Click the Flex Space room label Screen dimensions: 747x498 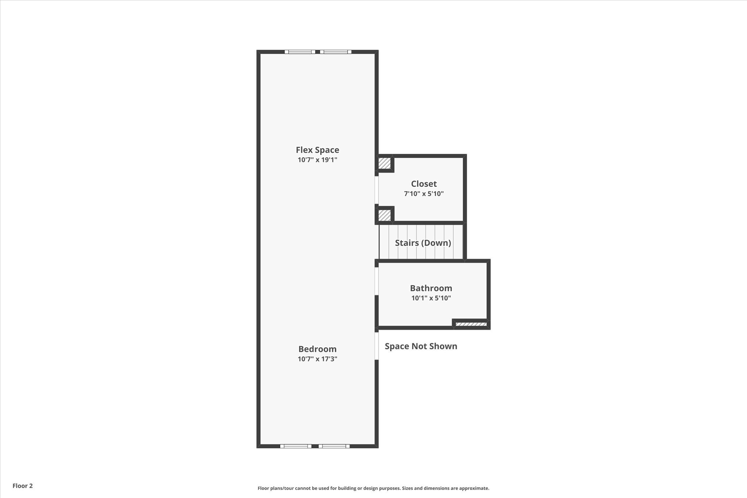click(317, 150)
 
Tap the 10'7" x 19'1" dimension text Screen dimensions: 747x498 click(317, 160)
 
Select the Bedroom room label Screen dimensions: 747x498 click(317, 349)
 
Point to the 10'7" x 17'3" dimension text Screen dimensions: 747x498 click(317, 359)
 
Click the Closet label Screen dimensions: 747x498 click(424, 184)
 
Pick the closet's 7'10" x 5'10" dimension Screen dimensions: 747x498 click(424, 194)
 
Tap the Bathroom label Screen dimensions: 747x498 click(431, 288)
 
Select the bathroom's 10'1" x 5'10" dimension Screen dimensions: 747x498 click(431, 298)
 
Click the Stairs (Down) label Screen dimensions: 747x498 click(423, 243)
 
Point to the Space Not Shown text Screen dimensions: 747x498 click(421, 346)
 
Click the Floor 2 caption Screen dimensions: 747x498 click(23, 486)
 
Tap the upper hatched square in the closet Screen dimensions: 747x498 click(384, 163)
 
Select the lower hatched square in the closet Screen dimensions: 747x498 click(384, 215)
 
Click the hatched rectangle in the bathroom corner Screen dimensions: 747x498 click(471, 324)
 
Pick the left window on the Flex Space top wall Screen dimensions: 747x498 click(300, 52)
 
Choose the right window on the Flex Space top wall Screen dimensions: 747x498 click(336, 52)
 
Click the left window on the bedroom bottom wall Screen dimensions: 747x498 click(296, 446)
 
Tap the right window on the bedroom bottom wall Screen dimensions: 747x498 click(334, 446)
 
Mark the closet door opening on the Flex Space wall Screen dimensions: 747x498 click(376, 190)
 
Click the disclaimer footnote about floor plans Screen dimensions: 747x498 click(373, 488)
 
